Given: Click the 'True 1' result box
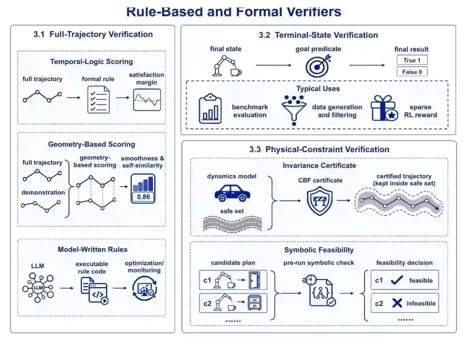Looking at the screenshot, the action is pyautogui.click(x=412, y=60).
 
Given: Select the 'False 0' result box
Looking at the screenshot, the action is pyautogui.click(x=412, y=71).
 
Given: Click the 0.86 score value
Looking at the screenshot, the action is pyautogui.click(x=143, y=197).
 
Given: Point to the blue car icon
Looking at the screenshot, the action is pyautogui.click(x=232, y=193).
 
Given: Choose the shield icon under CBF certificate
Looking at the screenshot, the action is pyautogui.click(x=320, y=201).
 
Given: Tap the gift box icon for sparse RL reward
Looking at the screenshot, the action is pyautogui.click(x=384, y=108).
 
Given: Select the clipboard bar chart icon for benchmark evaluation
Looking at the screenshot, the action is pyautogui.click(x=210, y=109).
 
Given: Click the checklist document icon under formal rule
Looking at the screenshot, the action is pyautogui.click(x=98, y=100).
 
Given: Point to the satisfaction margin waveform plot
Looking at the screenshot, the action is pyautogui.click(x=147, y=100).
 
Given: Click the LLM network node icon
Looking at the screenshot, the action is pyautogui.click(x=38, y=288).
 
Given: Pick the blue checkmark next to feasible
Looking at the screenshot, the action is pyautogui.click(x=396, y=280).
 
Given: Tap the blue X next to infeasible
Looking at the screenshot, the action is pyautogui.click(x=397, y=303).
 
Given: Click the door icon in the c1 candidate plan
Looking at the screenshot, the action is pyautogui.click(x=255, y=280).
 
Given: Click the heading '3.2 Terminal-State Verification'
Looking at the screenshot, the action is pyautogui.click(x=318, y=35).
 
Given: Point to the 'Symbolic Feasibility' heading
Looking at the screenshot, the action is pyautogui.click(x=319, y=250).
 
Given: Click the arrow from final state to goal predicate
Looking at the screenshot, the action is pyautogui.click(x=273, y=65).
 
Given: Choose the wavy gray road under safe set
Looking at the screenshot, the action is pyautogui.click(x=232, y=224).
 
